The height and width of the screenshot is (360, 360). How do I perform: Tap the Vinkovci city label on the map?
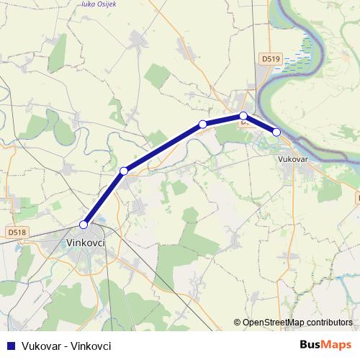[86, 243]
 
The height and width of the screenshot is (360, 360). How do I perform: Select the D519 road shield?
[271, 57]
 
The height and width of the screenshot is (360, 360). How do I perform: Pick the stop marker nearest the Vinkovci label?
[84, 224]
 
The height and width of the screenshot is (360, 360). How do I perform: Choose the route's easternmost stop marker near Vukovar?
[276, 132]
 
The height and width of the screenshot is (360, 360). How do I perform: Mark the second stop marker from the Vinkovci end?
[124, 171]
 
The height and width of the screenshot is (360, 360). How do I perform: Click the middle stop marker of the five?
[202, 125]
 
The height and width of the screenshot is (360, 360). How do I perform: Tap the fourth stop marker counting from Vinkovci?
[243, 116]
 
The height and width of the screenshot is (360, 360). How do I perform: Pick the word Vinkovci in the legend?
[91, 346]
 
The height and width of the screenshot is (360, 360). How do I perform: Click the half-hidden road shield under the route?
[246, 123]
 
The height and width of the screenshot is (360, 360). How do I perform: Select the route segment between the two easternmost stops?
[260, 124]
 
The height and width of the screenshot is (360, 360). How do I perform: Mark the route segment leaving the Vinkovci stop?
[104, 197]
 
